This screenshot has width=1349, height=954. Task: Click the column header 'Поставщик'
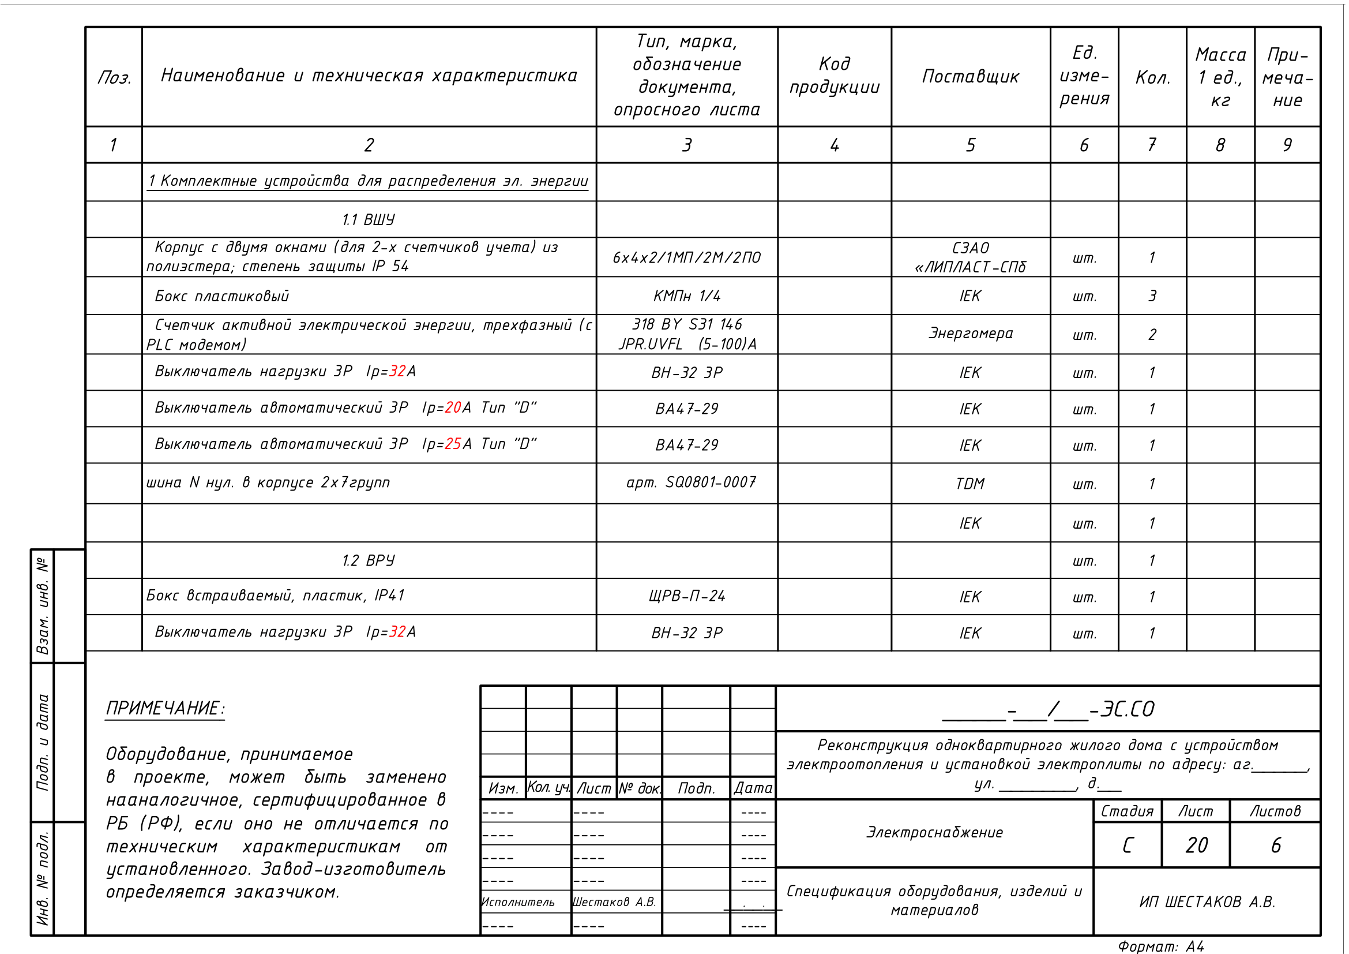970,76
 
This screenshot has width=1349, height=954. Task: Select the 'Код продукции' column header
834,76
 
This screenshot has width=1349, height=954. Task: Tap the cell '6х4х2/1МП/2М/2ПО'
686,257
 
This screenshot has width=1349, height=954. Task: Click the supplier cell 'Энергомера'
970,333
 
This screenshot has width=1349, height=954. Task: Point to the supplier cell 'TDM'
970,484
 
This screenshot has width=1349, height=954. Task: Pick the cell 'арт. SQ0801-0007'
690,482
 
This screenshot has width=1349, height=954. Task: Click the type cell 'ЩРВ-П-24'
686,596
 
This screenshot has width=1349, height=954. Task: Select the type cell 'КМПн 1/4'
686,295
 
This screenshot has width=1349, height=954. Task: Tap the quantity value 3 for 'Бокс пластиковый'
1152,295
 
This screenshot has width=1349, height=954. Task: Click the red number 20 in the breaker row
453,407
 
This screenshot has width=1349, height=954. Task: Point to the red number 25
453,444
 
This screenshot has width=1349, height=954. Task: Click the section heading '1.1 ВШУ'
369,220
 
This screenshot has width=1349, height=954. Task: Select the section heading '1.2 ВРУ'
369,560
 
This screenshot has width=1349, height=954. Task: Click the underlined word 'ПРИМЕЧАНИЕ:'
165,708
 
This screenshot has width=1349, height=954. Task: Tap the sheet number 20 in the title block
1196,845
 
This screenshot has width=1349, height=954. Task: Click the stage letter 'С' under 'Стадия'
1127,845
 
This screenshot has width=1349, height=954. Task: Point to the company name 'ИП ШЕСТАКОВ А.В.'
1207,901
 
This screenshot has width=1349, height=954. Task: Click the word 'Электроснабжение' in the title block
934,832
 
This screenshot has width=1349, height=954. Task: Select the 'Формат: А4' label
1160,946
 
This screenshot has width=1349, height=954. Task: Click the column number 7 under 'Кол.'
1152,145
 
